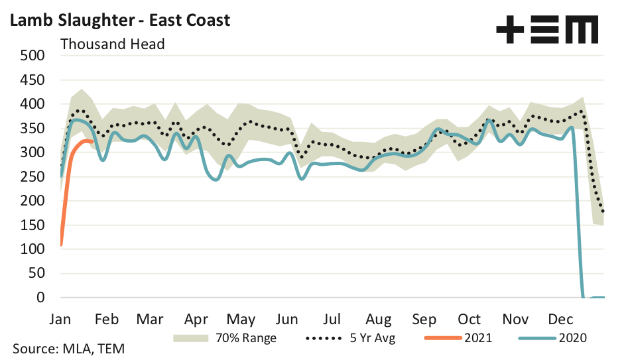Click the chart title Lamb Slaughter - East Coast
click(x=119, y=20)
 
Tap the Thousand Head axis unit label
click(x=112, y=44)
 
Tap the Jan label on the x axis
click(x=61, y=319)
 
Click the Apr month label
click(x=197, y=319)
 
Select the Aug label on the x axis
click(x=378, y=319)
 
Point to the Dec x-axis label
click(x=560, y=319)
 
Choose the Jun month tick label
click(x=287, y=319)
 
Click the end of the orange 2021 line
click(x=92, y=141)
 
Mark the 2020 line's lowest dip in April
click(x=216, y=180)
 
